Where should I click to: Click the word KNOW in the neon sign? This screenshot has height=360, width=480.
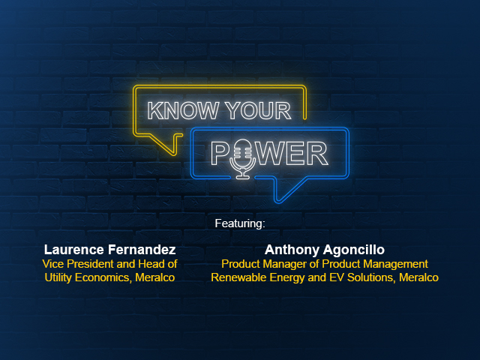pos(183,110)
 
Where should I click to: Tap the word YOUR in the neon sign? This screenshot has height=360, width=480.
pos(258,110)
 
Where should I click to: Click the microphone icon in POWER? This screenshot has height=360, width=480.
pos(243,159)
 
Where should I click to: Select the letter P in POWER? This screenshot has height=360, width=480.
pos(221,154)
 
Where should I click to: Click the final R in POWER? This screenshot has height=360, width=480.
pos(317,154)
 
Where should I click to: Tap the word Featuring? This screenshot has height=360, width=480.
pos(240,223)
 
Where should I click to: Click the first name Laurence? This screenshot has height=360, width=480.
pos(73,250)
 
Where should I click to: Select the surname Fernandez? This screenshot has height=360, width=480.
pos(142,250)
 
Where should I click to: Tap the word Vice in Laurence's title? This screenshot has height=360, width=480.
pos(53,264)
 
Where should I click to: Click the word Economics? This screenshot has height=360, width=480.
pos(103,277)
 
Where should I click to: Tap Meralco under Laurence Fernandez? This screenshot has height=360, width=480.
pos(155,277)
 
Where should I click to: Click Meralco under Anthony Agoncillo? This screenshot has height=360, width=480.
pos(418,277)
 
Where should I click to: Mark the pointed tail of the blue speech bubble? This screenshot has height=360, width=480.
pos(277,202)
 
